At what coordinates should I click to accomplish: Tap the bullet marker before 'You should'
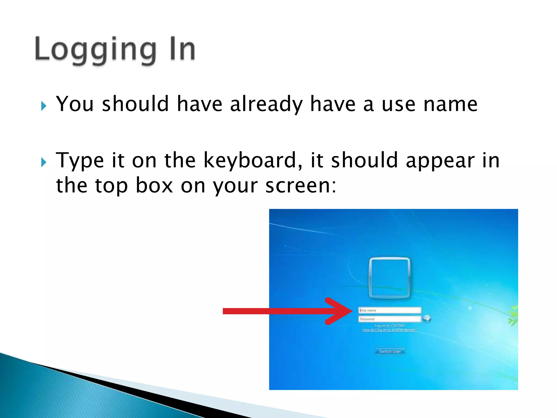pos(44,106)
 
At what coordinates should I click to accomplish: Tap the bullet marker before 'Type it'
pos(44,162)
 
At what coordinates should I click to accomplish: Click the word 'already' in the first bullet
pos(266,104)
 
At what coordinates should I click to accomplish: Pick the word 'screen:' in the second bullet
pos(301,186)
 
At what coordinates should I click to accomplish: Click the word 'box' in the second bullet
pos(154,186)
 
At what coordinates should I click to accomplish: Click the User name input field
pos(390,310)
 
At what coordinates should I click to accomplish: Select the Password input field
pos(390,319)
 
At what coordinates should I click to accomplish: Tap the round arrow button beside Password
pos(427,318)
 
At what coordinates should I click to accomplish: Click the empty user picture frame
pos(389,278)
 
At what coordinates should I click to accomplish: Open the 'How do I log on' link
pos(389,330)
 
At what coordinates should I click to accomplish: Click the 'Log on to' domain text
pos(389,325)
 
